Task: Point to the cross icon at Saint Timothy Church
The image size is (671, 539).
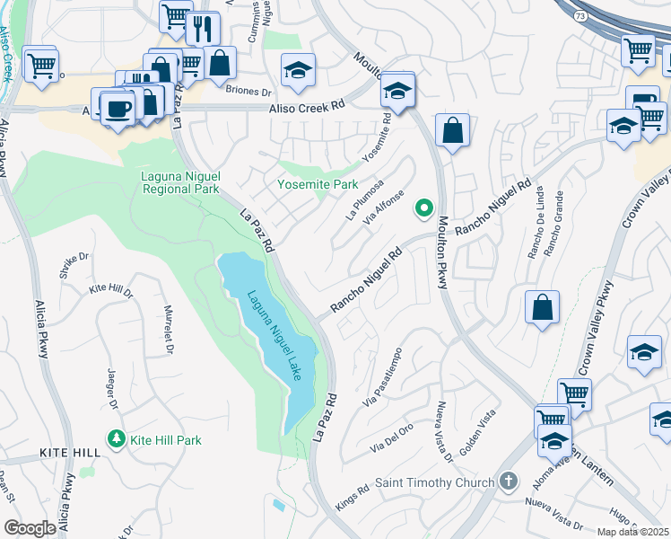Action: coord(510,482)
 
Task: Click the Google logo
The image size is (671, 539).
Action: coord(30,528)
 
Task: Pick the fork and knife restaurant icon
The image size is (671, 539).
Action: coord(204,28)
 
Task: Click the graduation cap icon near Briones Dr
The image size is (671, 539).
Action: coord(298,70)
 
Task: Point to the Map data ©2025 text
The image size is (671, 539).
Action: coord(632,532)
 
